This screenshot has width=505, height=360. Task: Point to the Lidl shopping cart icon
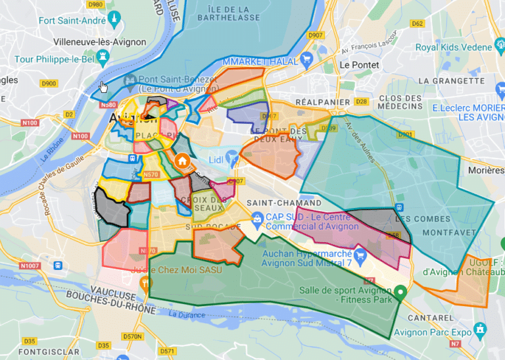point(231,157)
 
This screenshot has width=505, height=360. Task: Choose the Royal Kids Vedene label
point(454,47)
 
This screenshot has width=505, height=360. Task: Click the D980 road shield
point(96,5)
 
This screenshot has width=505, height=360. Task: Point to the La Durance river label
point(187,314)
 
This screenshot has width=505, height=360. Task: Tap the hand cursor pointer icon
point(104,87)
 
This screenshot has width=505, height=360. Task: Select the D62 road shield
point(417,23)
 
